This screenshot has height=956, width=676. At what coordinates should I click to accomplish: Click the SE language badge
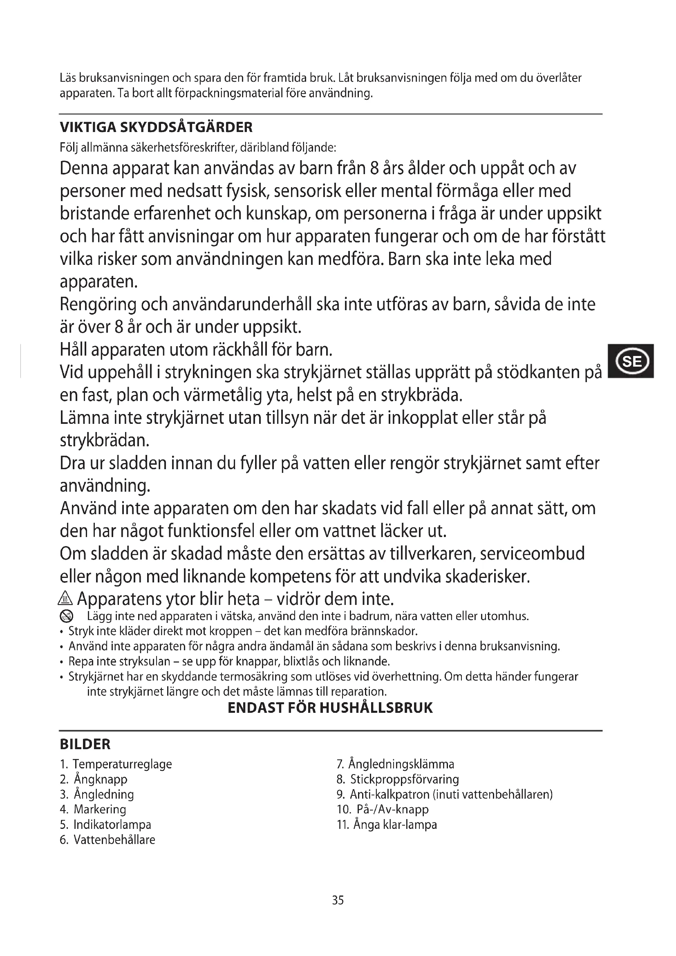click(x=631, y=360)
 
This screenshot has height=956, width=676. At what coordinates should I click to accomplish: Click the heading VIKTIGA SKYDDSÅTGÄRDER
click(x=156, y=127)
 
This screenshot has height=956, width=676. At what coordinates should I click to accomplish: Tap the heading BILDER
click(x=85, y=744)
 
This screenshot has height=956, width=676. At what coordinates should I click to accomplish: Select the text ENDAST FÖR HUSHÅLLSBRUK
click(x=330, y=708)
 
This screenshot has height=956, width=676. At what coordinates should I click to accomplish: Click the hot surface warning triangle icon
click(x=66, y=599)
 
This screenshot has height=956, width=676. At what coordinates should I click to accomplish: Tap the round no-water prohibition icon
click(x=66, y=616)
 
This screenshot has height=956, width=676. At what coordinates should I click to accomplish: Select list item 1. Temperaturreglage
click(x=116, y=764)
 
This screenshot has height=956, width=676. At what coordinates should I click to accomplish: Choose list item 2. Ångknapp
click(x=94, y=779)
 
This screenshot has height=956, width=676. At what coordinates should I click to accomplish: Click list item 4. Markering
click(x=93, y=809)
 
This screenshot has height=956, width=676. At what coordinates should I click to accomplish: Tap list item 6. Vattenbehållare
click(x=107, y=840)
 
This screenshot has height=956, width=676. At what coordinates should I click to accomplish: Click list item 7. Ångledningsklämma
click(x=395, y=764)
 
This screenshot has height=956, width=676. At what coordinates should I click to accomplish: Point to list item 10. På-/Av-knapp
click(x=383, y=809)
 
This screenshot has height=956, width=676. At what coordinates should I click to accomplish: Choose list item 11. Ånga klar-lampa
click(x=387, y=824)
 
